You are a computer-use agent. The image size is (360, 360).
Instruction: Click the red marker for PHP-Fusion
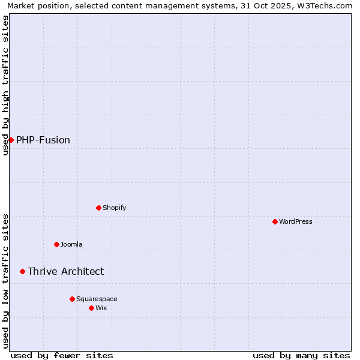tap(11, 140)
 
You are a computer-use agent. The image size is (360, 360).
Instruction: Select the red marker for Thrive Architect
tap(22, 271)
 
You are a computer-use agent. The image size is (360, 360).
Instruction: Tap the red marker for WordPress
tap(275, 221)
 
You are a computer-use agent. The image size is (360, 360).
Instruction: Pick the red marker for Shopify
tap(98, 208)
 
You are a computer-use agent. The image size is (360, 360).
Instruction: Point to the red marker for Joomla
tap(56, 244)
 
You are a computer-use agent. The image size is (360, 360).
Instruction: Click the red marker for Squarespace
tap(72, 299)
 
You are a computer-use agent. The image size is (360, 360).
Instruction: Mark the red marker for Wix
tap(91, 308)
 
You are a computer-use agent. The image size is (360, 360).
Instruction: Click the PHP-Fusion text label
tap(43, 140)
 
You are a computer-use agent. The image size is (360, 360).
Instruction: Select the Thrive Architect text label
tap(65, 271)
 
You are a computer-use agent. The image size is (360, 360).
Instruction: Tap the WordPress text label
tap(296, 221)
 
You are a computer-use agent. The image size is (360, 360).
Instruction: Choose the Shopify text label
tap(114, 208)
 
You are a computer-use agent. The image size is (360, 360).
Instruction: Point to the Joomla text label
tap(71, 244)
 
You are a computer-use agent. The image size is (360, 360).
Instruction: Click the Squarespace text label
tap(97, 299)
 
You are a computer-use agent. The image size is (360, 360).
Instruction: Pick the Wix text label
tap(101, 308)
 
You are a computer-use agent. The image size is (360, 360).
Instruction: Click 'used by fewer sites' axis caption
tap(62, 355)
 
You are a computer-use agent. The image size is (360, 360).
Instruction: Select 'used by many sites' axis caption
tap(301, 355)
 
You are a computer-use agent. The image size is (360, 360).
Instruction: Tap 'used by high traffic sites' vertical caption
tap(5, 85)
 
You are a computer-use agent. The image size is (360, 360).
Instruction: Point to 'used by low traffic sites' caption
tap(5, 280)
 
